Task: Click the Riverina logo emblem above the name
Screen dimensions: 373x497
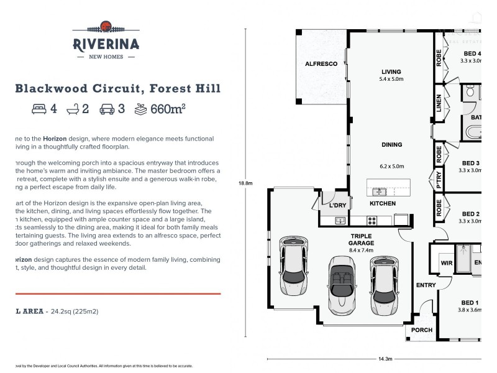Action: click(106, 26)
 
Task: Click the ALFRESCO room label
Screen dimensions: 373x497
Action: click(321, 64)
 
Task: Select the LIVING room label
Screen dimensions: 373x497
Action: click(391, 71)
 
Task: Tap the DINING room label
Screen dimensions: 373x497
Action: click(391, 145)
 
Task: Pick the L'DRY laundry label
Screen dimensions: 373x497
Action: click(337, 205)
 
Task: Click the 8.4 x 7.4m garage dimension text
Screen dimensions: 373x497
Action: click(361, 250)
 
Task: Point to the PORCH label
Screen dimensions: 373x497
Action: click(422, 330)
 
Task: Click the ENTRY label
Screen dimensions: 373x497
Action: click(426, 285)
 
